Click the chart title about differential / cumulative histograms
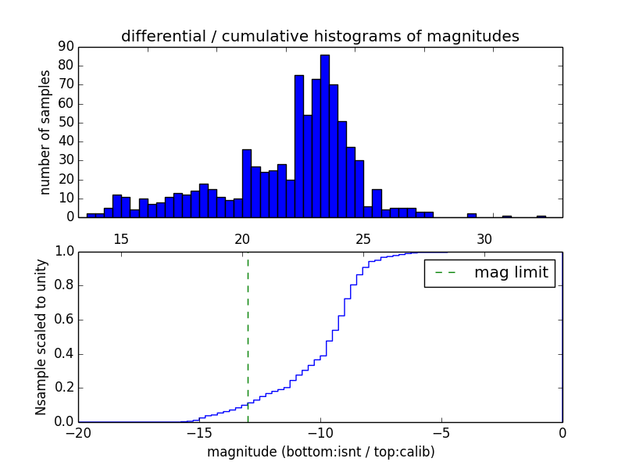click(x=320, y=36)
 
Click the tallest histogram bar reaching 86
click(x=324, y=137)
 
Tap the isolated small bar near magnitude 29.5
click(x=472, y=215)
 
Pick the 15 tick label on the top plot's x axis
click(x=121, y=238)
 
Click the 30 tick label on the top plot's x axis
click(x=484, y=238)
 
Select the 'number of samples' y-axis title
click(x=45, y=131)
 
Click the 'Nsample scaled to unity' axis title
click(x=41, y=336)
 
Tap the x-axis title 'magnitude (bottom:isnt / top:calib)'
click(x=320, y=452)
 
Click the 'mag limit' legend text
click(x=511, y=273)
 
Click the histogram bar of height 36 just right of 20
click(x=247, y=184)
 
